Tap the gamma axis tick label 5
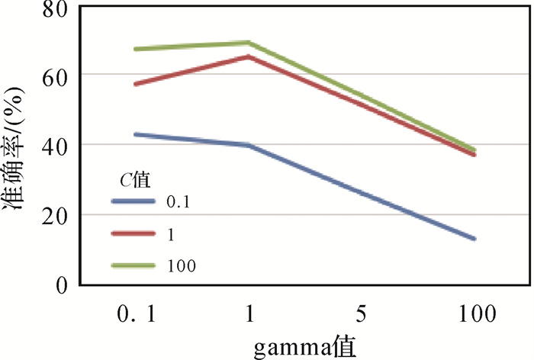(362, 313)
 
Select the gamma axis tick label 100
(474, 313)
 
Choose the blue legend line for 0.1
(133, 201)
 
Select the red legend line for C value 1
(133, 233)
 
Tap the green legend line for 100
(133, 265)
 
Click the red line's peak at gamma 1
(249, 56)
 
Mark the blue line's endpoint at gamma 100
(474, 239)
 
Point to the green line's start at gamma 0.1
(135, 49)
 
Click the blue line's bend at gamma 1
(249, 145)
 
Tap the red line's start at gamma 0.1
(135, 84)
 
